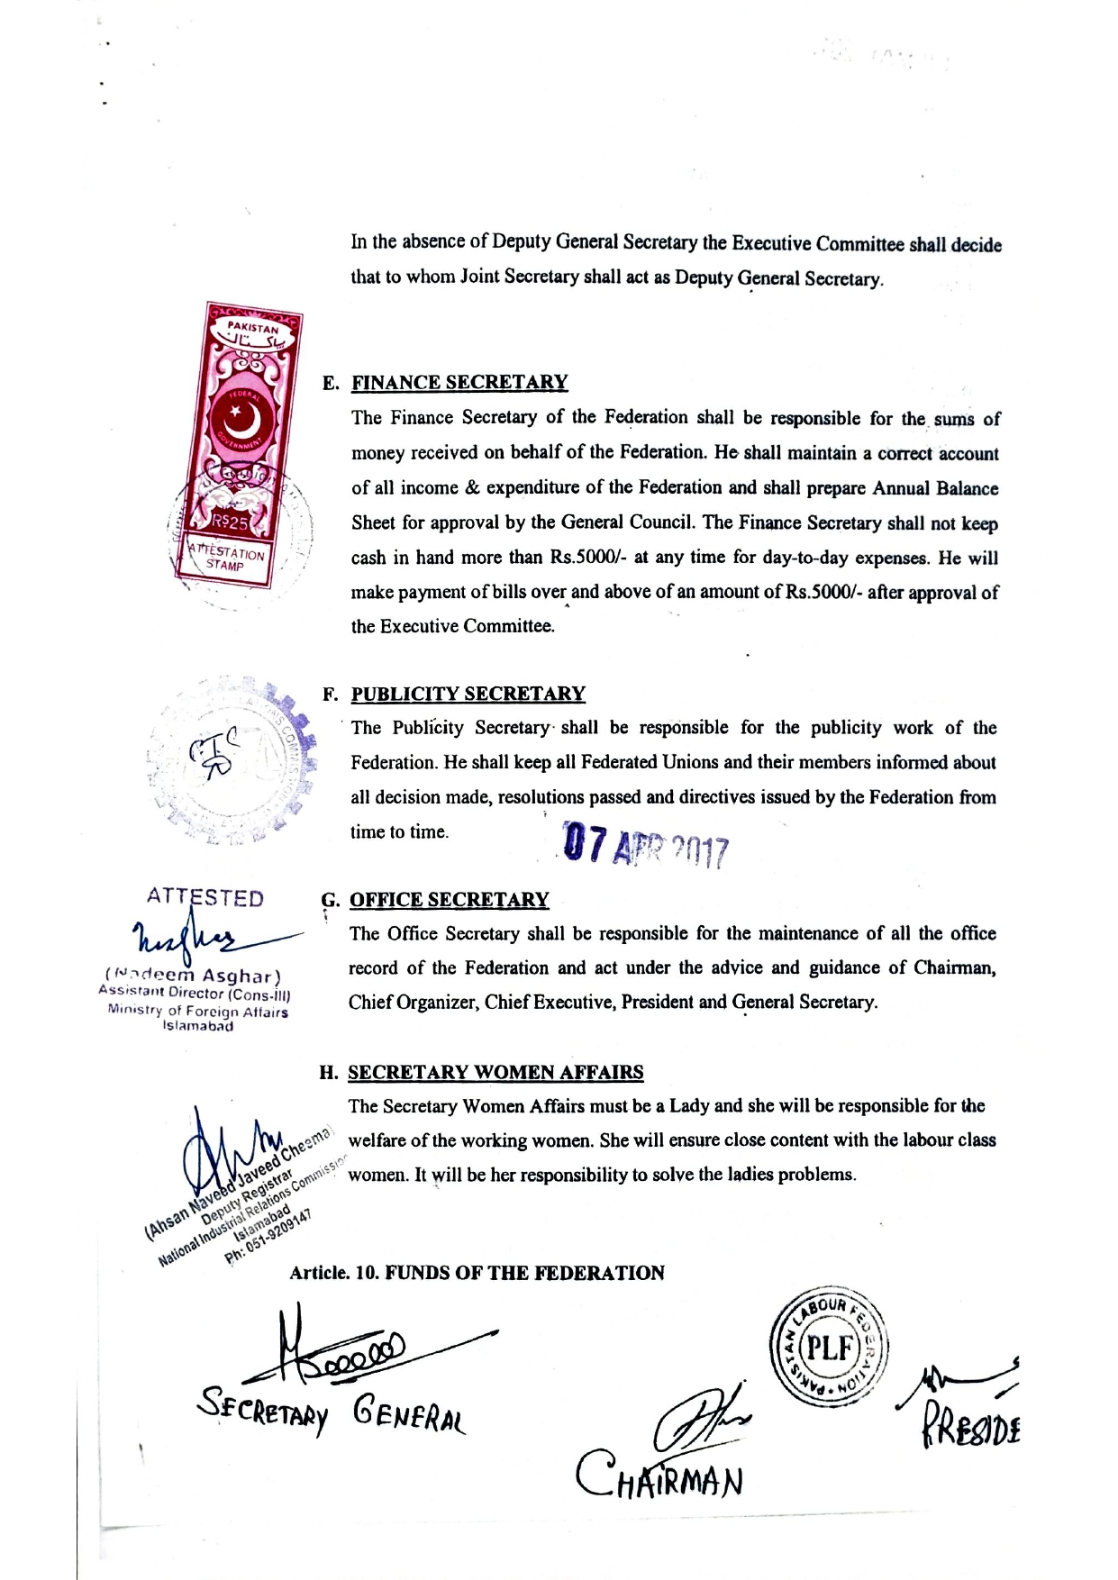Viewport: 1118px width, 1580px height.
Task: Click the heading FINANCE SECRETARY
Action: click(459, 382)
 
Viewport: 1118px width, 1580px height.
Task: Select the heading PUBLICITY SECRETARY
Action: click(468, 694)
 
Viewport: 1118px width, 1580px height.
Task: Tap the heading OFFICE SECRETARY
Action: click(449, 900)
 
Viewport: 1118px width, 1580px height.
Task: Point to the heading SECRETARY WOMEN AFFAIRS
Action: click(495, 1072)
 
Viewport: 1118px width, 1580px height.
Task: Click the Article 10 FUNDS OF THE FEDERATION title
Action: click(477, 1273)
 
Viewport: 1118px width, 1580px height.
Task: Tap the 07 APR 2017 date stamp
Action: click(645, 848)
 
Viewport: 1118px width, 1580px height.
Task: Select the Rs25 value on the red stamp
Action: click(231, 522)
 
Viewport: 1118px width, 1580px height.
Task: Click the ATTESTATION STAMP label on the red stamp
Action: click(226, 558)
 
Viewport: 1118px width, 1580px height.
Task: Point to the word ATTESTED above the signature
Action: click(205, 898)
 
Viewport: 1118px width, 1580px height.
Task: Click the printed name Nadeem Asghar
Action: click(193, 976)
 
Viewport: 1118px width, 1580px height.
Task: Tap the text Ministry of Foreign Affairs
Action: click(198, 1011)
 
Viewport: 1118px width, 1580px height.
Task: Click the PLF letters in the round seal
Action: click(829, 1348)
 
